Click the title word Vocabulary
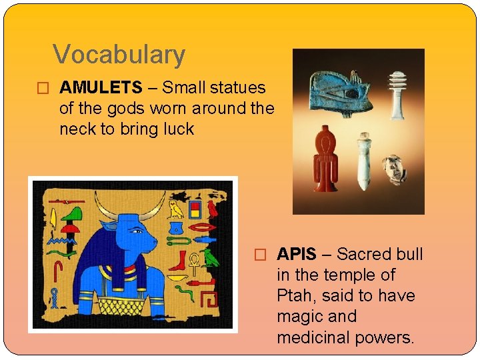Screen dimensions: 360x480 click(119, 55)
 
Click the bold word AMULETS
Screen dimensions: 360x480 click(101, 87)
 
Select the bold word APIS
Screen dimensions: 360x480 click(297, 254)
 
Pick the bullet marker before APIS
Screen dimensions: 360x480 click(261, 255)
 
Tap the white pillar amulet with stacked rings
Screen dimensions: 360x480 click(397, 97)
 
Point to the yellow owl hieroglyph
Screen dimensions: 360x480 click(176, 209)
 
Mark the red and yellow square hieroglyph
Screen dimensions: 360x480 click(195, 210)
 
